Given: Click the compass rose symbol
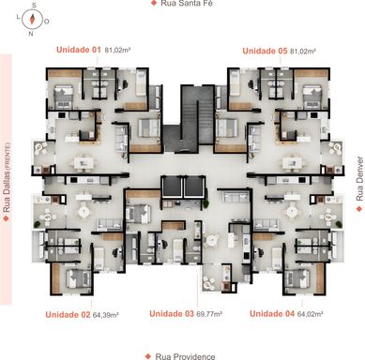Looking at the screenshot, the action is click(32, 20).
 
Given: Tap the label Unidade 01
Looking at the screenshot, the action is click(79, 50).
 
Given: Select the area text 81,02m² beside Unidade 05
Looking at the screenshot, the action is click(303, 51).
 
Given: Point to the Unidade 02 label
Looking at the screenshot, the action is click(68, 315).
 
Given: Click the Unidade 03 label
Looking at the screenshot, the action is click(172, 314).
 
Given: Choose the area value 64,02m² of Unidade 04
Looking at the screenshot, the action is click(311, 314).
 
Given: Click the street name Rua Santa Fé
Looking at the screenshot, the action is click(187, 4).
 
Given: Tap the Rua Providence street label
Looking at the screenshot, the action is click(185, 356).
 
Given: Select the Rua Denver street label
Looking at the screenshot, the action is click(359, 179).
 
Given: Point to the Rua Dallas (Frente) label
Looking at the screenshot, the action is click(7, 178).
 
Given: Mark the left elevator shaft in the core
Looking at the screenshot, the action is click(171, 187).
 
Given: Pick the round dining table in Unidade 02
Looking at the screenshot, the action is click(84, 212).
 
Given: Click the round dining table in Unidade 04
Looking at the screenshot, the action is click(292, 212).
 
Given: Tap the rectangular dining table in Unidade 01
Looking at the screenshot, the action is click(84, 163).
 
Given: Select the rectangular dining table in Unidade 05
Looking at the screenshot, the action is click(292, 163).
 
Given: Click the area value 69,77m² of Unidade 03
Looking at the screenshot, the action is click(209, 314).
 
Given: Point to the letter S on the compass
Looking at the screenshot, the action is click(34, 6).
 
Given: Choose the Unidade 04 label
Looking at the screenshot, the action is click(272, 313).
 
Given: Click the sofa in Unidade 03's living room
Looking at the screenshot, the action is click(236, 197).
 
